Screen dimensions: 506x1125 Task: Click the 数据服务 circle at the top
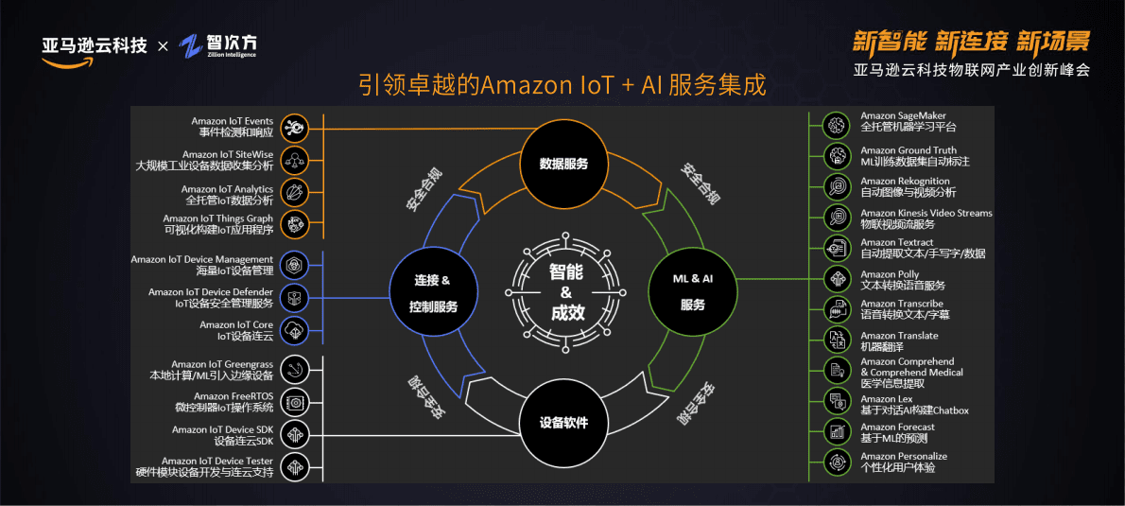tap(563, 164)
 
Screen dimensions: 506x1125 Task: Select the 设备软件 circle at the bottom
tap(563, 422)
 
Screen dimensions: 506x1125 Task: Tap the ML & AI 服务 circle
tap(692, 292)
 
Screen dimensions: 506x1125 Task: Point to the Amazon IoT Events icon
tap(296, 127)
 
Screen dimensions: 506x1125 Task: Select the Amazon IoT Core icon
tap(296, 330)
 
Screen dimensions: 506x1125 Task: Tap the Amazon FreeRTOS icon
tap(296, 402)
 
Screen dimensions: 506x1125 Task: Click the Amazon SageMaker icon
tap(836, 123)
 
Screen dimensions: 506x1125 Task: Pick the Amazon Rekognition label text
tap(905, 186)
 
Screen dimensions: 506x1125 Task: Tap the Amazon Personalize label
tap(903, 462)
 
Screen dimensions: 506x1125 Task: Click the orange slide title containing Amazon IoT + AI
tap(562, 84)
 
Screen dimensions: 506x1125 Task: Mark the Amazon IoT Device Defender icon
tap(296, 297)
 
